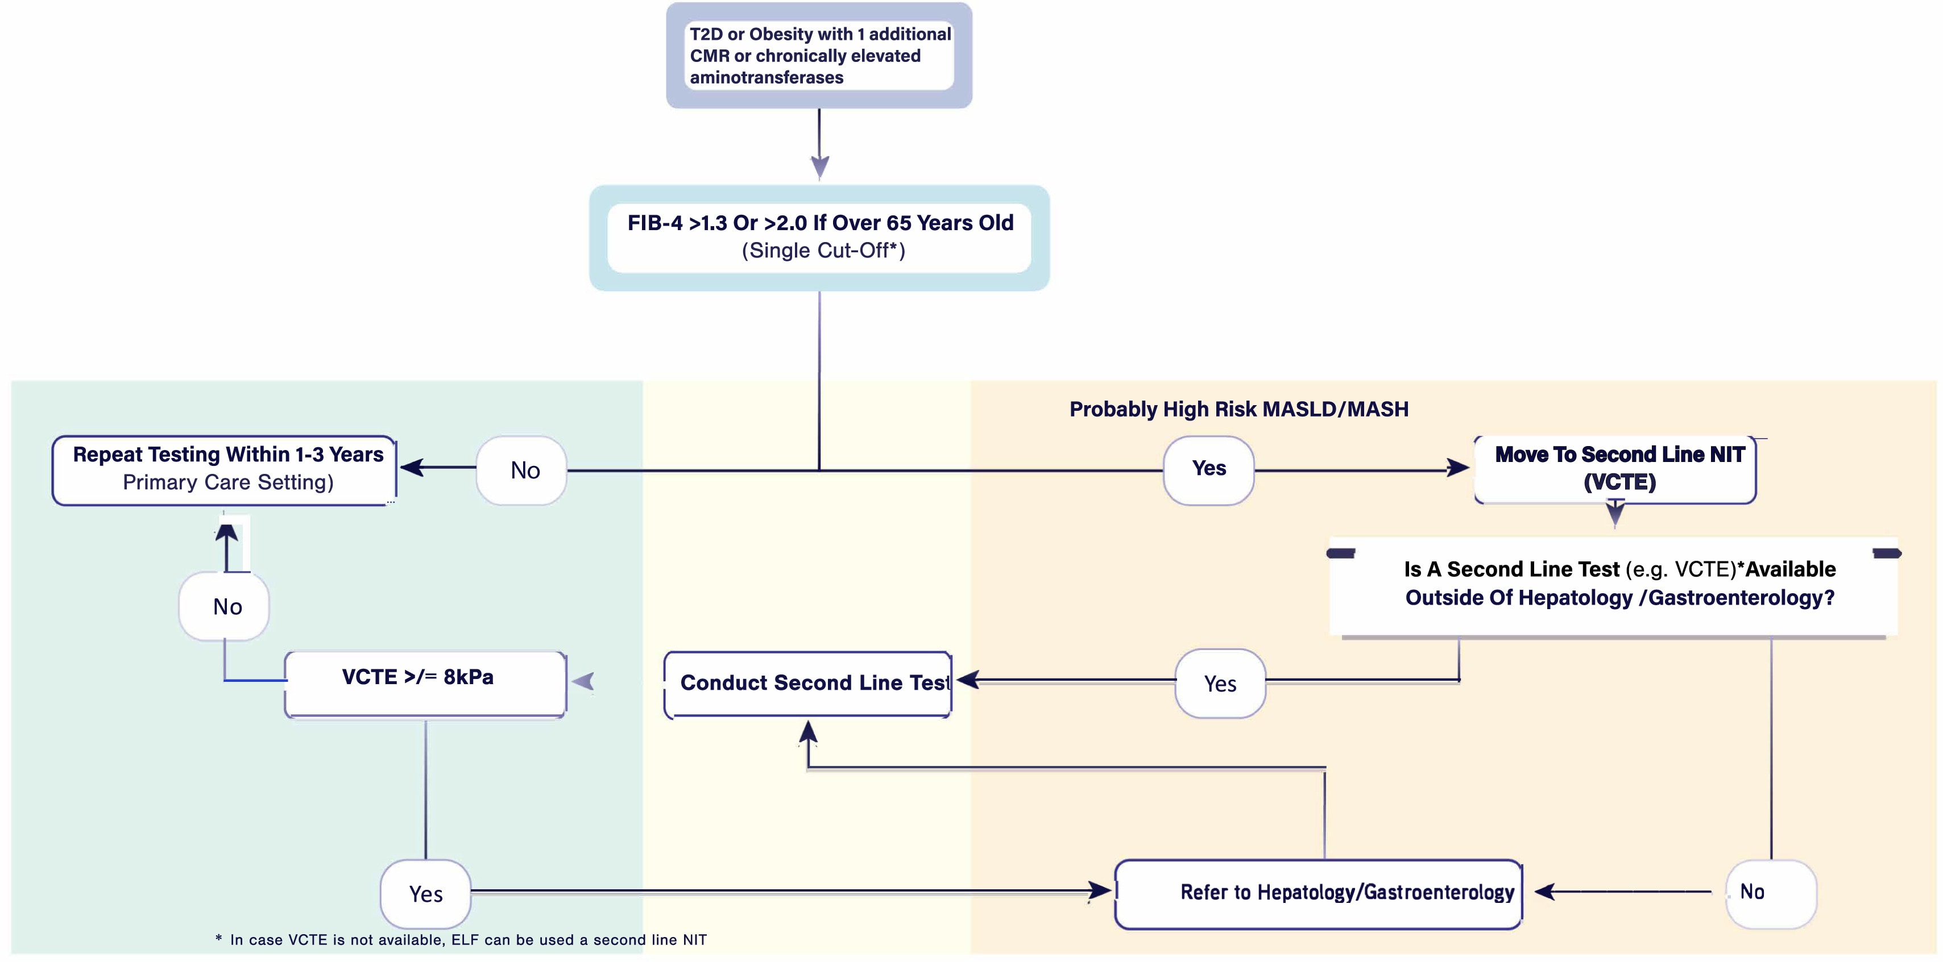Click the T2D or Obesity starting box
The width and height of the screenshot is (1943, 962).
click(819, 56)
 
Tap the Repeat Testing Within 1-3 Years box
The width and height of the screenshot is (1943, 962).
click(225, 469)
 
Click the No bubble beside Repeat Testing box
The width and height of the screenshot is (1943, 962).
click(522, 470)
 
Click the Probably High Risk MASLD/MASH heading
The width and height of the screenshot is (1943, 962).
click(1238, 409)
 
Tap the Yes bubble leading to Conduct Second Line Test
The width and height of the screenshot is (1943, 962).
click(1220, 684)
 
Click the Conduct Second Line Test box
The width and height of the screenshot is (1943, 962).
click(809, 683)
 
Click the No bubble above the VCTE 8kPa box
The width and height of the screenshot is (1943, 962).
click(225, 606)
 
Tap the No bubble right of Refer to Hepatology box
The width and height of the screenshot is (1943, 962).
click(1769, 893)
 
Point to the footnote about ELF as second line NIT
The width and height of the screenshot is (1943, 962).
click(462, 939)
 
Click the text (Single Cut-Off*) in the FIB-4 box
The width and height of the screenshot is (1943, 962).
click(823, 250)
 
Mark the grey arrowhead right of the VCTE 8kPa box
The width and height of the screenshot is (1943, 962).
click(584, 681)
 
